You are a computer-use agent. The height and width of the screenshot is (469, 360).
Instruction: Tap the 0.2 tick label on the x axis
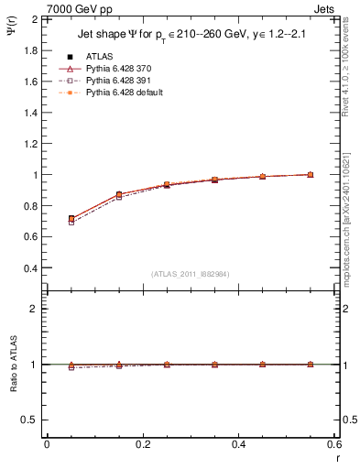143,443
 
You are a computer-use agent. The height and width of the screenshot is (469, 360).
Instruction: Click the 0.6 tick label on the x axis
334,443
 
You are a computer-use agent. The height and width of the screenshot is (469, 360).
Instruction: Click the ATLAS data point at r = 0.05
71,219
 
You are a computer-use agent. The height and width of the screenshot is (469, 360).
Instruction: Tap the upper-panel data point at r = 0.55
311,174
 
